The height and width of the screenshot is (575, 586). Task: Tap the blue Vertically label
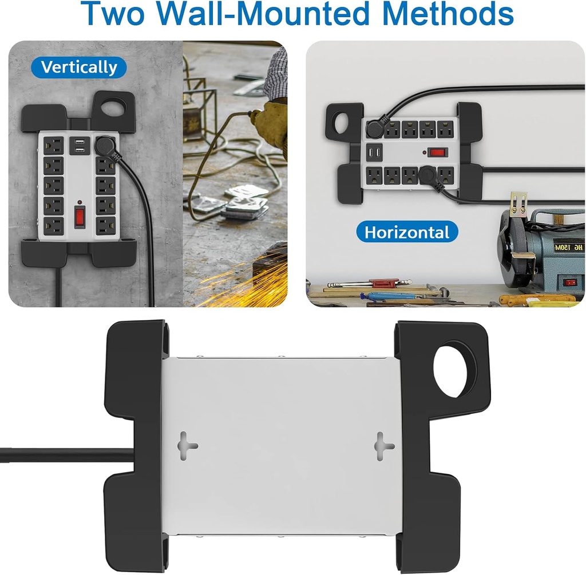[78, 67]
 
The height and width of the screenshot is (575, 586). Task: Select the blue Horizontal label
[407, 233]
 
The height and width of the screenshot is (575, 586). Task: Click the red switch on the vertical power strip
[80, 216]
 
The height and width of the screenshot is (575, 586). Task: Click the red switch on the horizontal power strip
[438, 152]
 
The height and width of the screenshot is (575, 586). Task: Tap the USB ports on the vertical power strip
[80, 146]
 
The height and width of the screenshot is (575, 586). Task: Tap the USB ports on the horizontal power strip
[374, 153]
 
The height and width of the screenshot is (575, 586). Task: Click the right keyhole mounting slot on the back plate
[384, 446]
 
